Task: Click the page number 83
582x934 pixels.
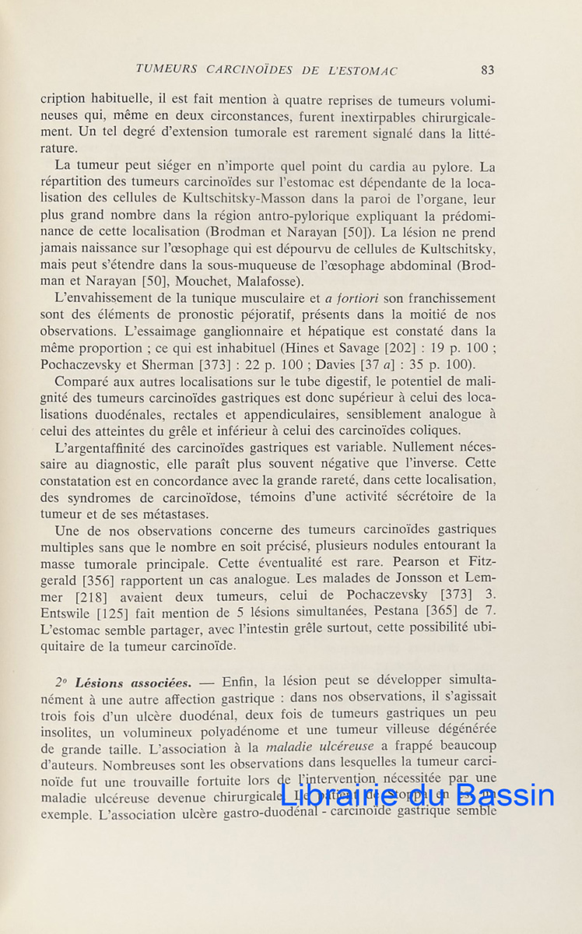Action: [488, 70]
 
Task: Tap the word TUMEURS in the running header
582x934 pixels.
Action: [167, 70]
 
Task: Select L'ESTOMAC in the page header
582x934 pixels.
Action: [363, 70]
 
